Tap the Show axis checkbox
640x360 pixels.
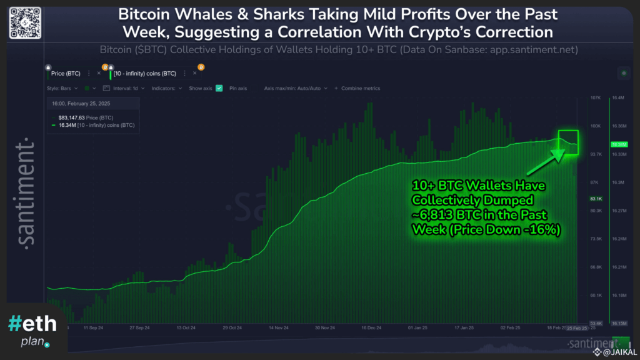click(x=219, y=88)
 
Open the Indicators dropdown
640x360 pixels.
click(x=166, y=88)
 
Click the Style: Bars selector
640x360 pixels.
click(x=62, y=88)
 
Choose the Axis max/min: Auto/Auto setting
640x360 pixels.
click(x=294, y=88)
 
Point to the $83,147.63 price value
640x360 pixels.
click(x=64, y=117)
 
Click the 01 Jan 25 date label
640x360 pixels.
click(x=417, y=327)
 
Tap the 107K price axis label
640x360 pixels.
click(x=595, y=98)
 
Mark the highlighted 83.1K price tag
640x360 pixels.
click(x=596, y=199)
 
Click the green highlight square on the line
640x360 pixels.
click(x=568, y=142)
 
